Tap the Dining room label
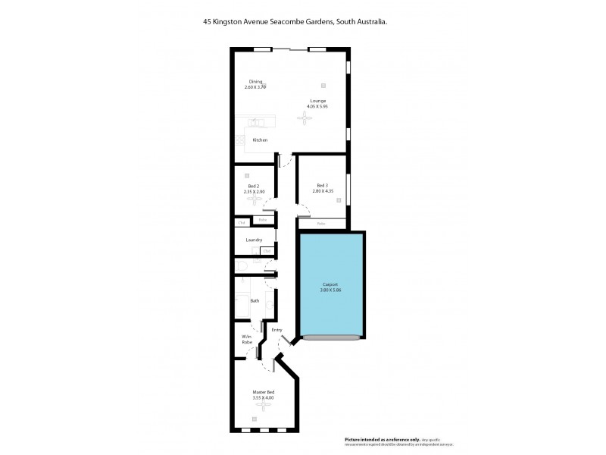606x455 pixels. [255, 82]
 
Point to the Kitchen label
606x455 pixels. [260, 140]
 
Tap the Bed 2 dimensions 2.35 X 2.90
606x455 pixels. [255, 192]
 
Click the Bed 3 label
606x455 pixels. [322, 186]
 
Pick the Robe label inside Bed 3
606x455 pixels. [321, 224]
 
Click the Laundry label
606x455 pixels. [254, 240]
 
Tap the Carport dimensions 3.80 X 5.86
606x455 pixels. [330, 290]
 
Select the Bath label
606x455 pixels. [255, 301]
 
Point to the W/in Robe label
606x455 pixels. [246, 340]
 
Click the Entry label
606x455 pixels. [276, 331]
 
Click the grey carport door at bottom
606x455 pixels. [330, 337]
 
